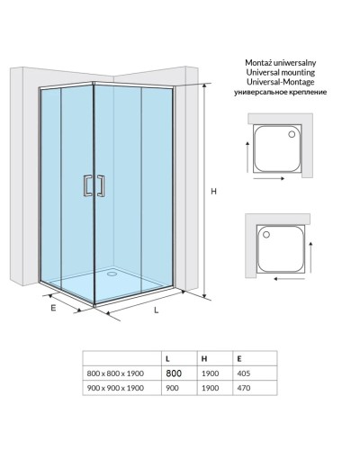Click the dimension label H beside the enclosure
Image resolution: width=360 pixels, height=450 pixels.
pyautogui.click(x=213, y=191)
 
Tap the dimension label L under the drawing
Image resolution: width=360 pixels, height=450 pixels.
pyautogui.click(x=157, y=310)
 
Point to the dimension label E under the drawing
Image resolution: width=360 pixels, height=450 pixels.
pyautogui.click(x=53, y=308)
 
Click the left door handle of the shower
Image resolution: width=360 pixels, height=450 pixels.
pyautogui.click(x=87, y=185)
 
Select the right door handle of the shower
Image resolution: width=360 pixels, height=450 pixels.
pyautogui.click(x=101, y=186)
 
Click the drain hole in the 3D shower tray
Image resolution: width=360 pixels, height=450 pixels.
pyautogui.click(x=112, y=274)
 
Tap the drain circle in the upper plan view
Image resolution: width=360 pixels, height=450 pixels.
pyautogui.click(x=292, y=134)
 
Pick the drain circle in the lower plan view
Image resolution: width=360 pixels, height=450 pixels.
pyautogui.click(x=266, y=235)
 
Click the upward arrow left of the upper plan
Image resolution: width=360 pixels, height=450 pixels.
pyautogui.click(x=247, y=157)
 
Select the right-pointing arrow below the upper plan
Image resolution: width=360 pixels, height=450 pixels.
pyautogui.click(x=269, y=178)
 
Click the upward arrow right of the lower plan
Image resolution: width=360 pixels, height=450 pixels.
pyautogui.click(x=310, y=256)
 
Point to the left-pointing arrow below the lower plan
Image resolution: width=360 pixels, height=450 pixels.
pyautogui.click(x=289, y=279)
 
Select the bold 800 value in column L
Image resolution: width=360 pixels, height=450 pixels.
pyautogui.click(x=174, y=373)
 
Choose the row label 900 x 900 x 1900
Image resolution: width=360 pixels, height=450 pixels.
pyautogui.click(x=115, y=388)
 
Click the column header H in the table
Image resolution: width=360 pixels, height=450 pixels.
pyautogui.click(x=204, y=359)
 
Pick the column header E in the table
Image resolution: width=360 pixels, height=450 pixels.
pyautogui.click(x=239, y=359)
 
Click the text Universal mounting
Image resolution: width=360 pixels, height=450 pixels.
pyautogui.click(x=281, y=72)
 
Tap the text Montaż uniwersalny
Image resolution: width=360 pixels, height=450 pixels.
pyautogui.click(x=281, y=63)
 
